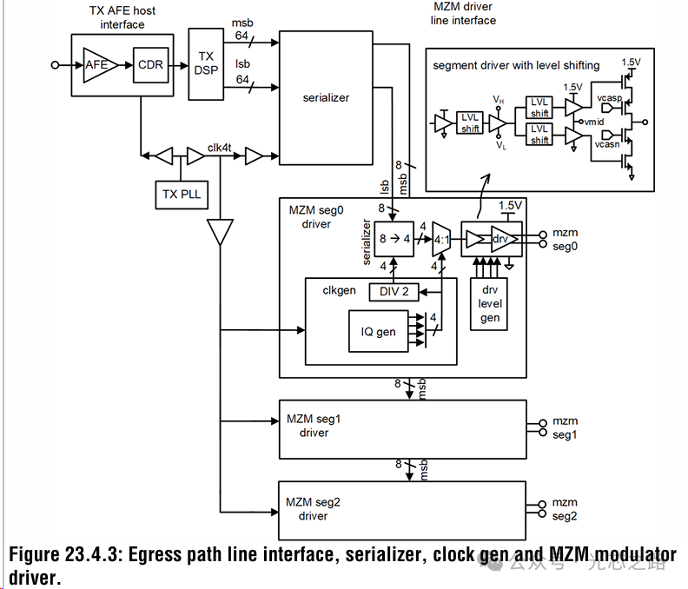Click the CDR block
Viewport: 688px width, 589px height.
coord(150,64)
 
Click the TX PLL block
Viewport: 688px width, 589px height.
coord(181,193)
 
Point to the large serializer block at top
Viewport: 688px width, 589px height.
coord(326,98)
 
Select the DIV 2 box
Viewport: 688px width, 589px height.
coord(393,292)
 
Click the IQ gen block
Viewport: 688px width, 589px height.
coord(379,331)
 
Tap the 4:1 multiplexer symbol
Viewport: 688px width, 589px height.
coord(440,239)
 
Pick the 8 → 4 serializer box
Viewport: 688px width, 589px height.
coord(394,237)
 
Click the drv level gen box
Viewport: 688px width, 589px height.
coord(490,305)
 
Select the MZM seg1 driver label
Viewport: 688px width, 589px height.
coord(314,426)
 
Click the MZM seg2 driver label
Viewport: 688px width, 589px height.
coord(314,509)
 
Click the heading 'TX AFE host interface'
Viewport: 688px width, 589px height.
coord(122,17)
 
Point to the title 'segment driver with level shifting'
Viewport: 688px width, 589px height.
coord(516,65)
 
